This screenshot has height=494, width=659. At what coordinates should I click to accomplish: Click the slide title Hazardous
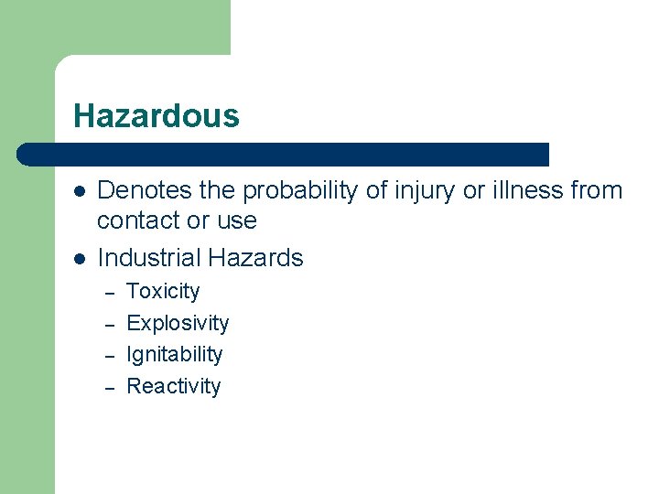[x=156, y=116]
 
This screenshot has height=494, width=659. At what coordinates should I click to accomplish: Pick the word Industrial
[x=147, y=258]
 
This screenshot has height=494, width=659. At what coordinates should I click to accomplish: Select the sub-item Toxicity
[x=163, y=292]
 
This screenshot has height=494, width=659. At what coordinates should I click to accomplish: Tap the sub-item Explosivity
[x=178, y=323]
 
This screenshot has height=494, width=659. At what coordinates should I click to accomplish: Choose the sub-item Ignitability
[x=174, y=354]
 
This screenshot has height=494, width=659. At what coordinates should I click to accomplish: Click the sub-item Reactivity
[x=173, y=386]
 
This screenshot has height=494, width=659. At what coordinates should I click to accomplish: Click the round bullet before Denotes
[x=80, y=192]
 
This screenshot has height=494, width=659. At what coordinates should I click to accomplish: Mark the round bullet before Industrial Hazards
[x=80, y=259]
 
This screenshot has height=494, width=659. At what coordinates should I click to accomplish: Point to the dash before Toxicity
[x=108, y=294]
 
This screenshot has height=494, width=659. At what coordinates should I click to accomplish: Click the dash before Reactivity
[x=108, y=387]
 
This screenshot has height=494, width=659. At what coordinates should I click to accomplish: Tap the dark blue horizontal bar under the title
[x=284, y=154]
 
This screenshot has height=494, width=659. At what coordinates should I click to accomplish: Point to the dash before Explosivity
[x=108, y=325]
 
